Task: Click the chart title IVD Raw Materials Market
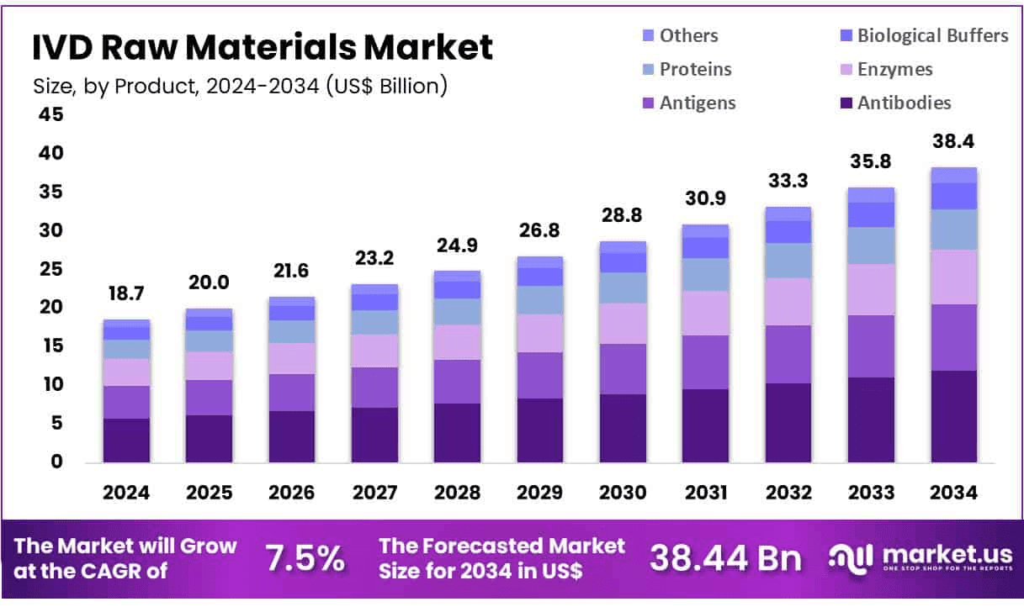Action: (x=263, y=48)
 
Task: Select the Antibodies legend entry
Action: (x=904, y=103)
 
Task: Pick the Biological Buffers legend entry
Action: (x=932, y=35)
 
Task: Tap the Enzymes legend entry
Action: (x=895, y=69)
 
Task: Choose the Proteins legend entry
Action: (x=695, y=69)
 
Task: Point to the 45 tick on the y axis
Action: (x=50, y=114)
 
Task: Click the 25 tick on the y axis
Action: (x=50, y=269)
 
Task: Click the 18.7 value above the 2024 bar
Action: (x=126, y=293)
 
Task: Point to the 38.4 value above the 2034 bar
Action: (x=953, y=141)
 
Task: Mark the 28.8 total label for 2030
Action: (x=623, y=215)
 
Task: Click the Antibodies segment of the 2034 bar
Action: (x=953, y=416)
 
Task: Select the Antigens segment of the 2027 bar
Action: (x=374, y=388)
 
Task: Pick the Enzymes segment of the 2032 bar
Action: (x=788, y=301)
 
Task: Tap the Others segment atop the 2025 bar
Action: (x=209, y=312)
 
